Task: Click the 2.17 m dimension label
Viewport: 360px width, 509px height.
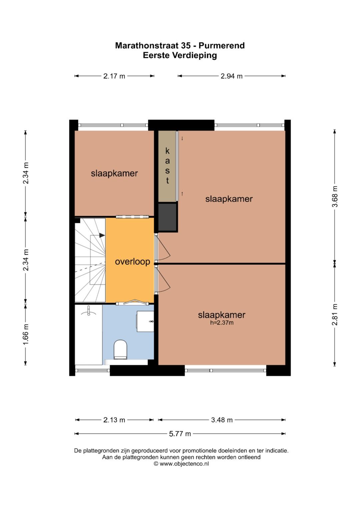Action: [114, 76]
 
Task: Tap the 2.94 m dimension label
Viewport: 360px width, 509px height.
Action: [231, 76]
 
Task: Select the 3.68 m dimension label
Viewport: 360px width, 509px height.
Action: [335, 197]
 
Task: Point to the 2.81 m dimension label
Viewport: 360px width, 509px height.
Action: [335, 314]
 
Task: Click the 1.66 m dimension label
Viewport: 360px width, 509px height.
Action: [25, 334]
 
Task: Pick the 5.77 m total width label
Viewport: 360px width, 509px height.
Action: [180, 434]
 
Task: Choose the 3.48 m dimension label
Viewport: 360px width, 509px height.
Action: [222, 420]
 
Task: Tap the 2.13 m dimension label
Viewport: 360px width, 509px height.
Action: [114, 420]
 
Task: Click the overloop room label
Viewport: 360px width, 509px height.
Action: [133, 262]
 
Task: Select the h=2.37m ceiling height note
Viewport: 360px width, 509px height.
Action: [222, 323]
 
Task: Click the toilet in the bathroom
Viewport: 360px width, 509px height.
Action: [120, 350]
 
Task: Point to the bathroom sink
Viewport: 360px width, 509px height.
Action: [145, 322]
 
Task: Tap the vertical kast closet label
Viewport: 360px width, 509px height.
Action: [167, 166]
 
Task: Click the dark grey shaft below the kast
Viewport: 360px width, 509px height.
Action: [167, 217]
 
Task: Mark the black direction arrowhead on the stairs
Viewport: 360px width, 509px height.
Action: [102, 235]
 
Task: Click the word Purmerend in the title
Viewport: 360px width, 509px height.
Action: [222, 46]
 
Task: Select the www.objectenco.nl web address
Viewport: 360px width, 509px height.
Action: [184, 464]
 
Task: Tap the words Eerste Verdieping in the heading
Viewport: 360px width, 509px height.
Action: [180, 55]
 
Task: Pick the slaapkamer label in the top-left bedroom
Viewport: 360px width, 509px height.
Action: [114, 173]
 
